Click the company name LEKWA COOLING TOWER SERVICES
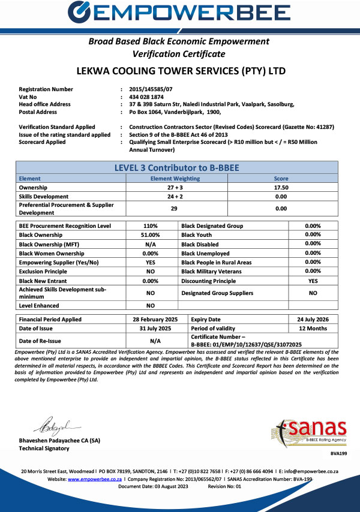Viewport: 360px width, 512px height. (179, 71)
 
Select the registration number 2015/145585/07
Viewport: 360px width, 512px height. (151, 89)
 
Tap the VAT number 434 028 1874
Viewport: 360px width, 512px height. (147, 97)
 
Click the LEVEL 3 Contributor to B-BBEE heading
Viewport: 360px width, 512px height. (179, 168)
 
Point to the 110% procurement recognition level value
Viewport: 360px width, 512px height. (151, 225)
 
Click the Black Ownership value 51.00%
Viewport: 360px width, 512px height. (151, 235)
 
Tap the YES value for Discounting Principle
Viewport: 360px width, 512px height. (313, 281)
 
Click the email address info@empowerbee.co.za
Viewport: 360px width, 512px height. (320, 472)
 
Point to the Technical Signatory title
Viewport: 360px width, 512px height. (44, 448)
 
